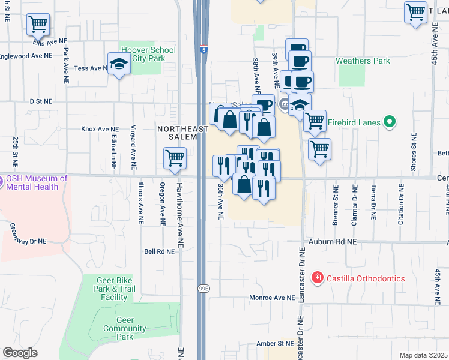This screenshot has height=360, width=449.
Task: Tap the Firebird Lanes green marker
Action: tap(390, 122)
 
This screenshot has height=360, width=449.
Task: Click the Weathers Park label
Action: tap(362, 61)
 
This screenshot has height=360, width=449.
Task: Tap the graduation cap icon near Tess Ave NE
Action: tap(119, 64)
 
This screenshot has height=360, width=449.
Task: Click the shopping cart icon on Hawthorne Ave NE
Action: tap(175, 158)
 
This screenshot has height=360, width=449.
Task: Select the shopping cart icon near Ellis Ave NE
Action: tap(38, 25)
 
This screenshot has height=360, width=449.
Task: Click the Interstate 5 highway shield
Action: tap(204, 50)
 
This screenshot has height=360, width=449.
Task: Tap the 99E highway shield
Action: tap(205, 289)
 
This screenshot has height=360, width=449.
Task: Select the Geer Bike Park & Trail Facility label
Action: tap(114, 288)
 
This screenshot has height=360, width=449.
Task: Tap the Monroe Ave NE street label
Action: tap(273, 298)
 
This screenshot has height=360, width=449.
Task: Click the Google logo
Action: tap(20, 353)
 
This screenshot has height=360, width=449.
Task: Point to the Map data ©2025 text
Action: tap(423, 355)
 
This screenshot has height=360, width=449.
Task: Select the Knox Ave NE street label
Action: tap(100, 129)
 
